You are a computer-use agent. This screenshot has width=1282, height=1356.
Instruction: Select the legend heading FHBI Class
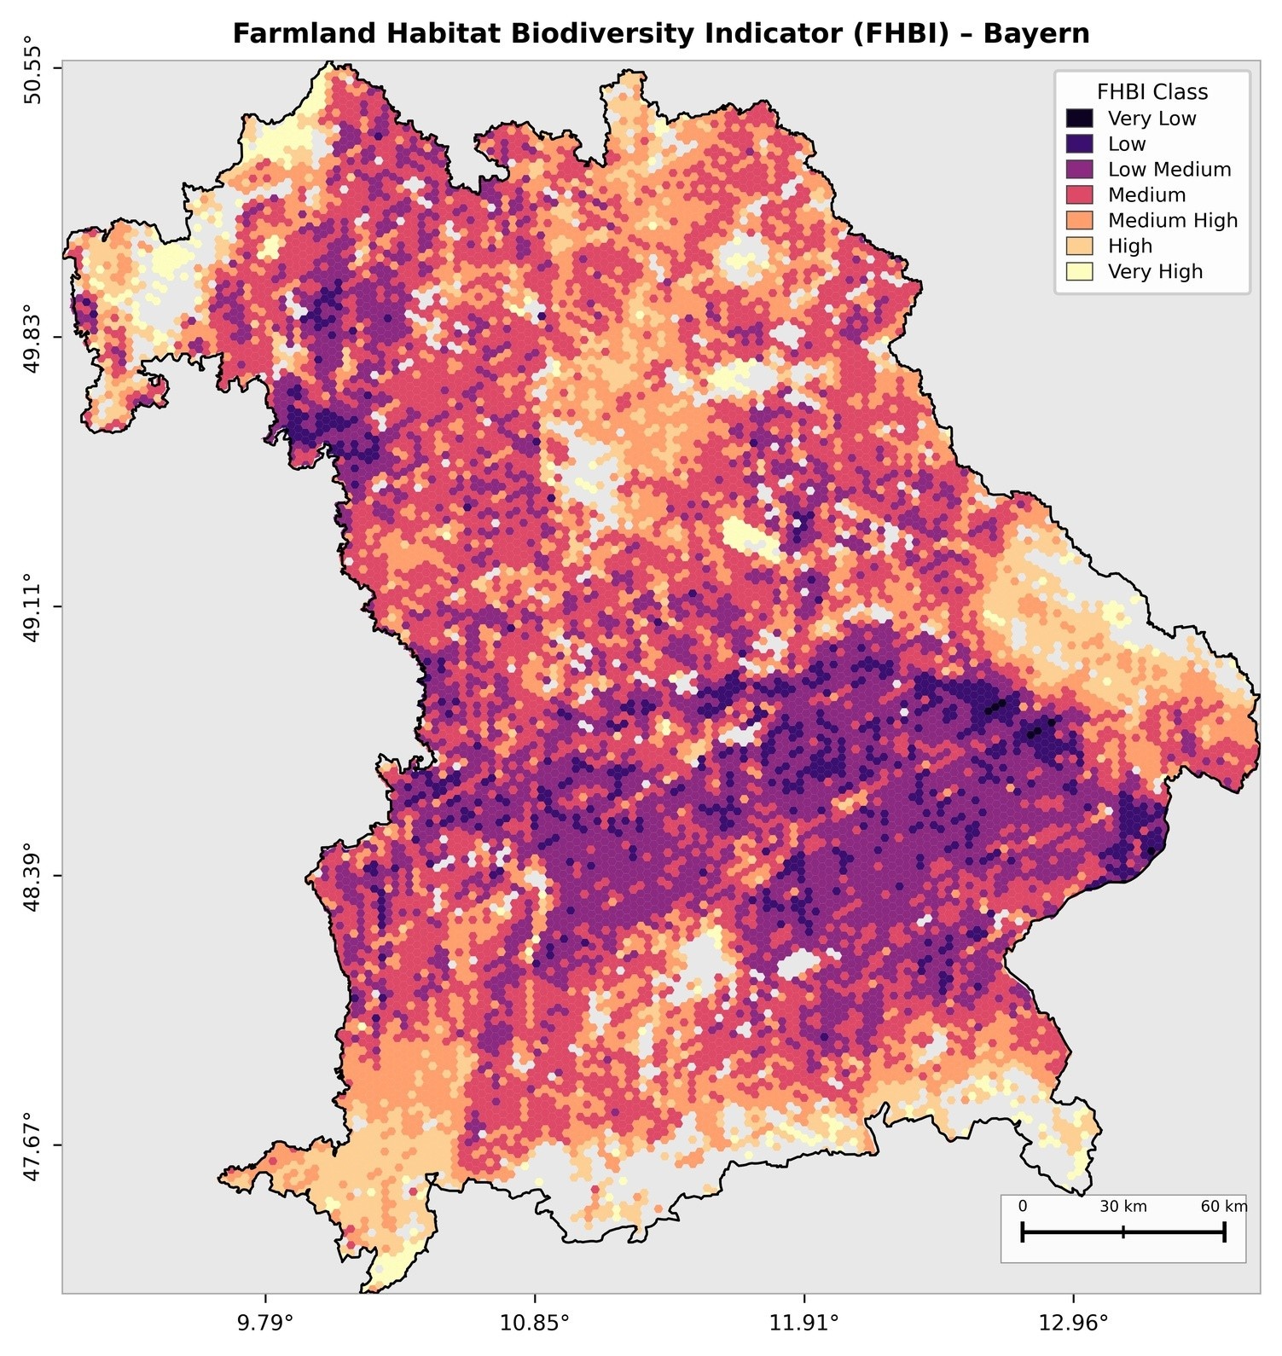tap(1151, 92)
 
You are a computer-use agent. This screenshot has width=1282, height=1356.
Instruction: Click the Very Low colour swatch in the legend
tap(1079, 119)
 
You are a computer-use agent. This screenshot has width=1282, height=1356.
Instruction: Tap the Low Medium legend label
tap(1169, 170)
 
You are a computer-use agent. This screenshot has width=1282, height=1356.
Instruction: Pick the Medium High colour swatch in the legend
tap(1079, 221)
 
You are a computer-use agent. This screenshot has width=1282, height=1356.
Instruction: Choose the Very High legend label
tap(1155, 272)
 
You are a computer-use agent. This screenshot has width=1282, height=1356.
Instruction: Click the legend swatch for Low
tap(1079, 144)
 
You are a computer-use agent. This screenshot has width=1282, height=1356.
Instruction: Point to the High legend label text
tap(1129, 246)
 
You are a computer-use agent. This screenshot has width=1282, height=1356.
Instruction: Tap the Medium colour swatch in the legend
tap(1079, 195)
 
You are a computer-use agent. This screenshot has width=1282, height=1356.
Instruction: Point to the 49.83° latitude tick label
tap(32, 337)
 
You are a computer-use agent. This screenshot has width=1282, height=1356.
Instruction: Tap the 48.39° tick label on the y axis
tap(32, 876)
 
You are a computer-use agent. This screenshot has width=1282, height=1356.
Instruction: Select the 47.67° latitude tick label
tap(32, 1144)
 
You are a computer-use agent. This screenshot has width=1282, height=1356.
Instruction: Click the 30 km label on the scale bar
tap(1122, 1207)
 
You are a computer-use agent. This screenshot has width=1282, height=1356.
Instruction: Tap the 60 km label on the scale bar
tap(1223, 1207)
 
